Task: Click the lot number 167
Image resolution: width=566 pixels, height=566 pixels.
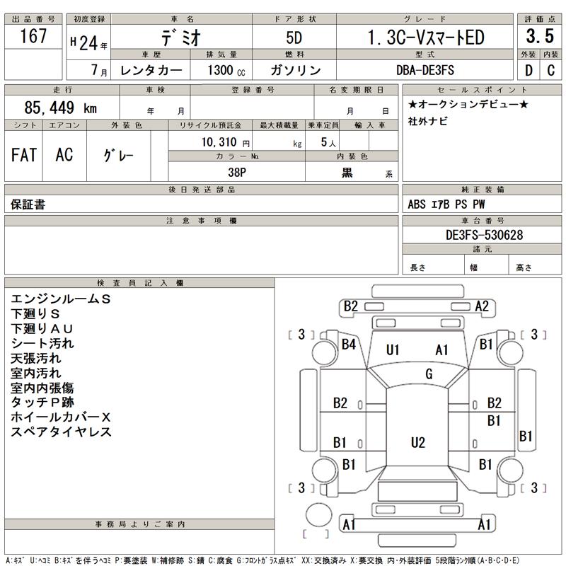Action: [33, 36]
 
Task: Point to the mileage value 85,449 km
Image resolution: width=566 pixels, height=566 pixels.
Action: [60, 109]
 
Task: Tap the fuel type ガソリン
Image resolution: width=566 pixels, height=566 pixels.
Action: [296, 71]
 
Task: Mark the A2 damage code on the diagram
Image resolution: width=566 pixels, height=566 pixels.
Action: [483, 306]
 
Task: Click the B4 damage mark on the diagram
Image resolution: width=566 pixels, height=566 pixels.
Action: [349, 345]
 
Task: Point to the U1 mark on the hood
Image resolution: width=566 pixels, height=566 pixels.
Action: [393, 350]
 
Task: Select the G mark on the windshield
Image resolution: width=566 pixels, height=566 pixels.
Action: [429, 374]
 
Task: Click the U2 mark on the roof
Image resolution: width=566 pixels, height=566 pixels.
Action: [418, 442]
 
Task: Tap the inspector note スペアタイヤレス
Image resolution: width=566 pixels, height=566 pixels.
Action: [62, 432]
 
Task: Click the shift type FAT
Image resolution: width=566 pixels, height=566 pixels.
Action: [24, 156]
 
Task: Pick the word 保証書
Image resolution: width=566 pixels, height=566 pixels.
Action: [28, 204]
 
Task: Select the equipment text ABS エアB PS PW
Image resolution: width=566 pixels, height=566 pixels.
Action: [447, 204]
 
